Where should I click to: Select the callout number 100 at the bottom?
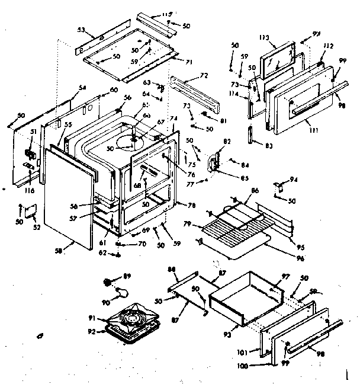[258, 365]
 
